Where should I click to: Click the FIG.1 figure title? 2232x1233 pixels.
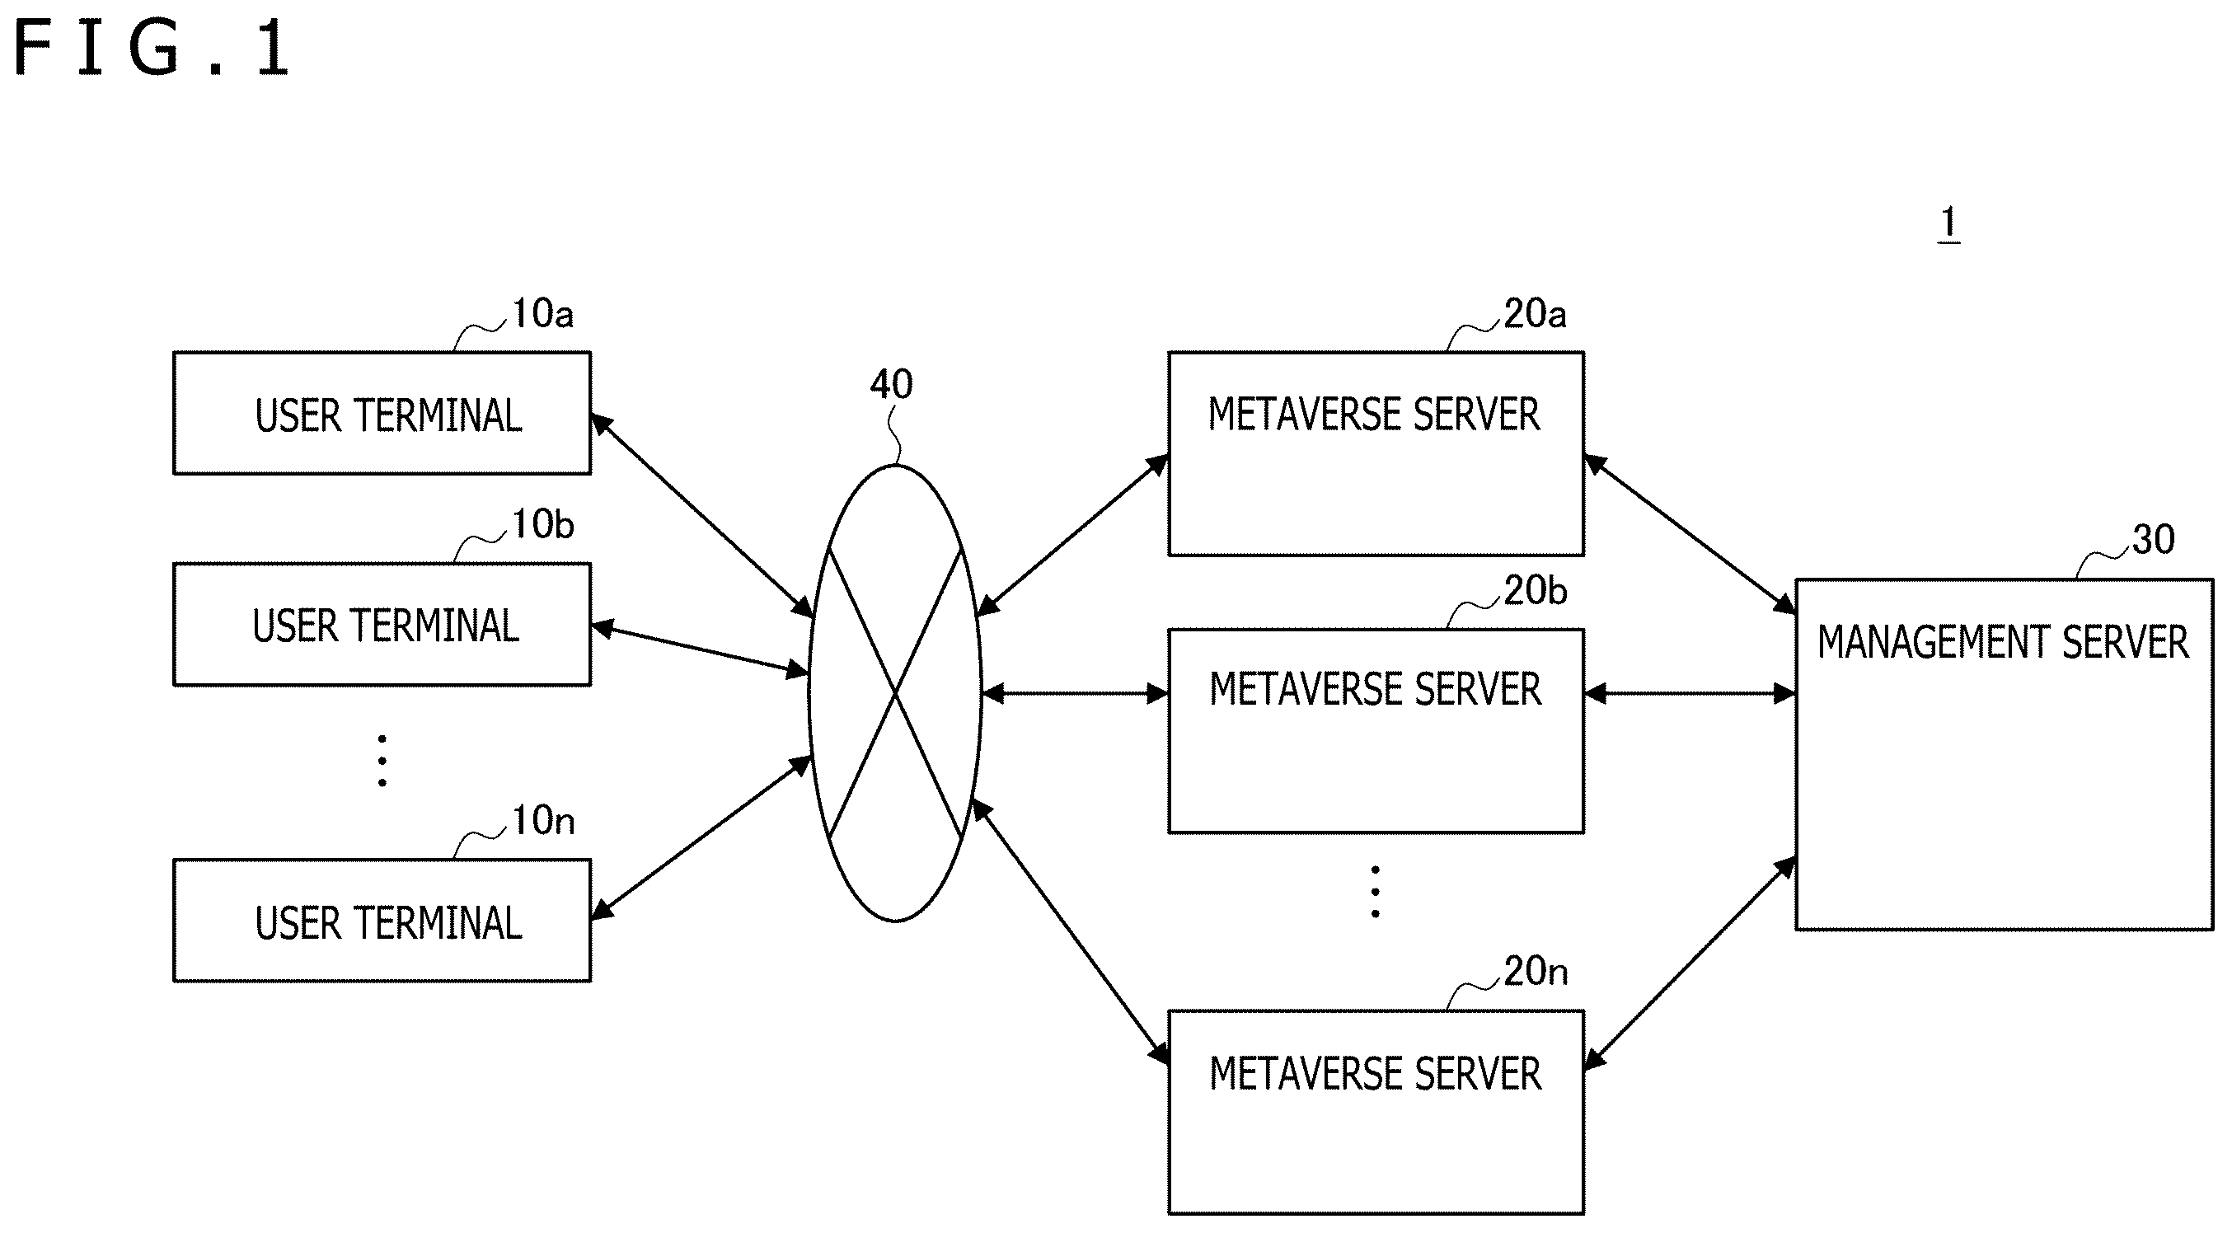152,49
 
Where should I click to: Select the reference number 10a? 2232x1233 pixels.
542,314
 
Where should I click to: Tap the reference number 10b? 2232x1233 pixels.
542,524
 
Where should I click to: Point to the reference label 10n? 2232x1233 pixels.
543,821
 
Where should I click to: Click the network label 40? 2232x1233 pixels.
891,384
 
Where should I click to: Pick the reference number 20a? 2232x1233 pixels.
1535,314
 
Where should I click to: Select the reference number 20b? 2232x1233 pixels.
1535,591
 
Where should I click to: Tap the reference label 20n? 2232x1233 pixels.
1536,972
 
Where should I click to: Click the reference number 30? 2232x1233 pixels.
2153,540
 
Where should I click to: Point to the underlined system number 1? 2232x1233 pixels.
1948,223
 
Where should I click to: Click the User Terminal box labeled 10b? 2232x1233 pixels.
382,625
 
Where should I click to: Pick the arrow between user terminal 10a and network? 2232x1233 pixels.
702,517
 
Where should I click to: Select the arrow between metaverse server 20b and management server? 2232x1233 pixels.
1690,693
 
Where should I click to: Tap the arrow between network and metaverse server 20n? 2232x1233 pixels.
1070,931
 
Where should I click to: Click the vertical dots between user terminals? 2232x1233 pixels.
382,761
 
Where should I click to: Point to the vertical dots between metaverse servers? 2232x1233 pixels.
1375,892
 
